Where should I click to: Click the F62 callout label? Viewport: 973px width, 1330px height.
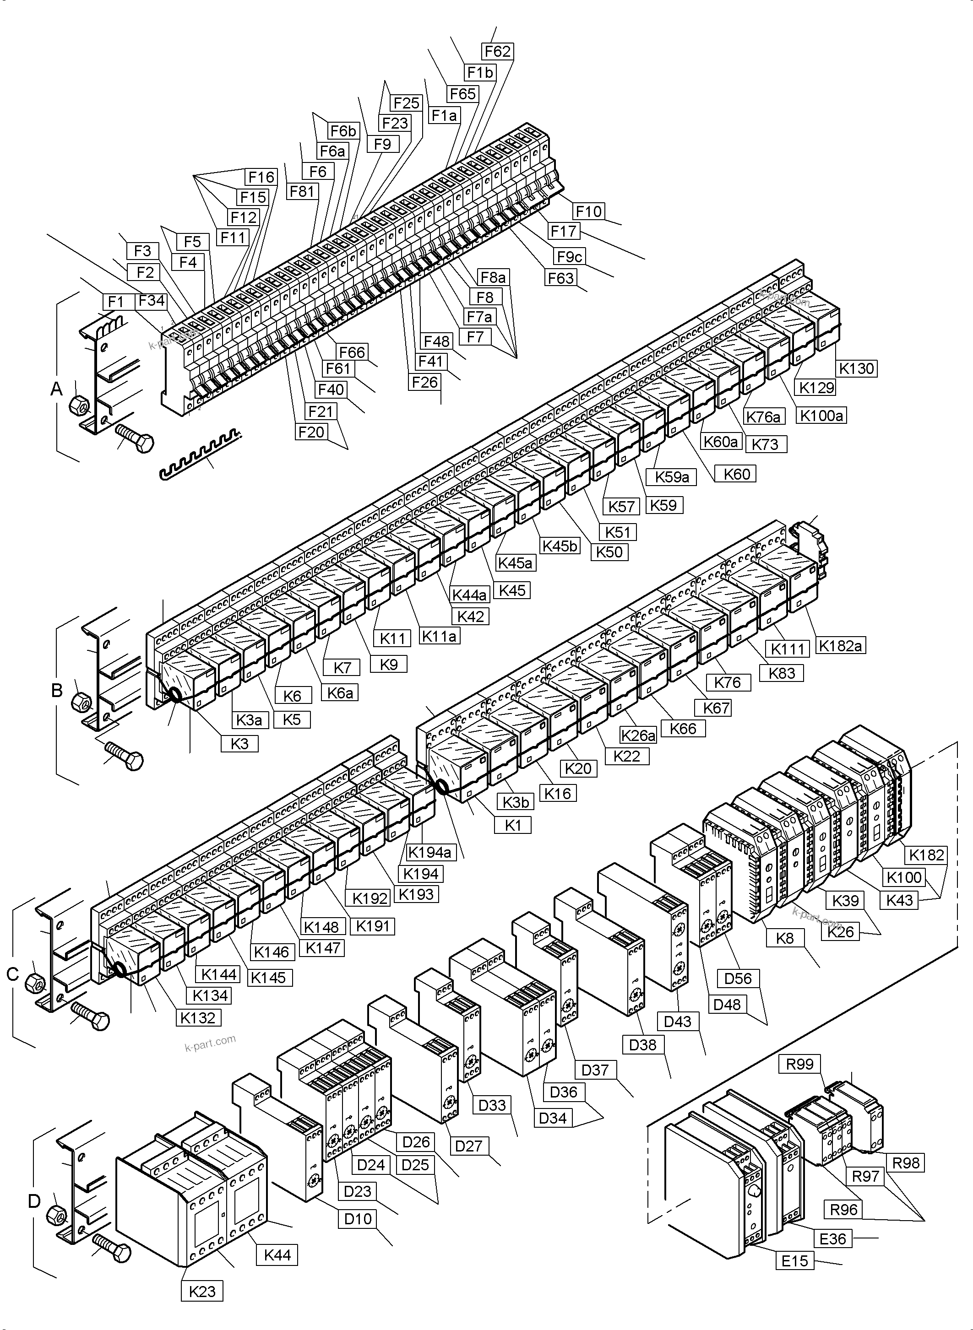point(497,52)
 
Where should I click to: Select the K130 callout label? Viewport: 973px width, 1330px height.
point(857,368)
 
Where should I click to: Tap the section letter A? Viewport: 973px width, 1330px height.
point(56,389)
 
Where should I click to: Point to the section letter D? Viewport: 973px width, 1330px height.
point(34,1200)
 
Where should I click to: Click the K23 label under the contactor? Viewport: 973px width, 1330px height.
point(202,1291)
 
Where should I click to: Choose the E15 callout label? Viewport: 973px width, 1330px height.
point(794,1261)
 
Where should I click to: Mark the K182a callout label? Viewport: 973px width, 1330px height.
point(841,646)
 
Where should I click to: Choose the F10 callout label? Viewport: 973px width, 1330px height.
point(588,211)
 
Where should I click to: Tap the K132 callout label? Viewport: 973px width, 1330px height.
point(198,1017)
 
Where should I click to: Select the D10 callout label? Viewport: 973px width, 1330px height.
point(358,1218)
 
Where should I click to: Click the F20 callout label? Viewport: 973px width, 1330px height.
point(311,432)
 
